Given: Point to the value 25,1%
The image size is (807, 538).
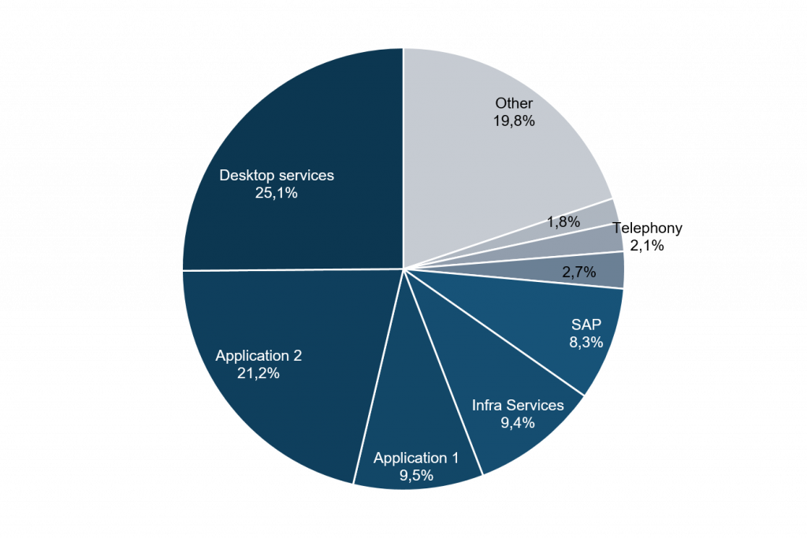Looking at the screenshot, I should coord(276,193).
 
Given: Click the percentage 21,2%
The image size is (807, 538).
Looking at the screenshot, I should coord(258,373).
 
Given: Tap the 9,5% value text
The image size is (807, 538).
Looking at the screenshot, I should coord(415,475).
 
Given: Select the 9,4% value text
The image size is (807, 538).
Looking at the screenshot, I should coord(518,423).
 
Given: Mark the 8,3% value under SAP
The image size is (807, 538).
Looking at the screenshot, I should coord(586,343).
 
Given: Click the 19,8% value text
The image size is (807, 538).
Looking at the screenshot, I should coord(514,121).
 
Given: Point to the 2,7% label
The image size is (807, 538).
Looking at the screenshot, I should coord(579,273).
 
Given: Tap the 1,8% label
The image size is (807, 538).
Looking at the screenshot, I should coord(563,222).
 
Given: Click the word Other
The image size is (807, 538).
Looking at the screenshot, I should coord(514,103).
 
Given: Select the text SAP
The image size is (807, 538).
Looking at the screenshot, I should coord(586,325).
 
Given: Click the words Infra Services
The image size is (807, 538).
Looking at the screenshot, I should coord(518,405).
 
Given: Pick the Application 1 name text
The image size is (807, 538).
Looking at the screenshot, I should coord(415,458).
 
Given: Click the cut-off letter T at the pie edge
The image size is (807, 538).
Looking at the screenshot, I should coord(618,229).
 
